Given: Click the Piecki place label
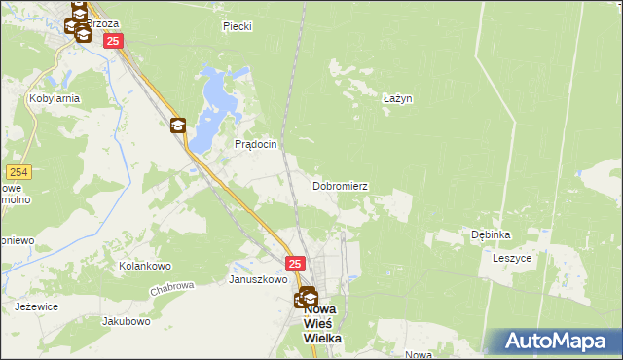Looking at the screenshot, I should pyautogui.click(x=237, y=26).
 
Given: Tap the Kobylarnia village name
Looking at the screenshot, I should pyautogui.click(x=55, y=98).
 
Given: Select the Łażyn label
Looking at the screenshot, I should pyautogui.click(x=397, y=98).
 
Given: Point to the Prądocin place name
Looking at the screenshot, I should pyautogui.click(x=257, y=144).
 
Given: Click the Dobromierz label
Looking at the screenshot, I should pyautogui.click(x=340, y=185).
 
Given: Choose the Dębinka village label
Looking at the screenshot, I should pyautogui.click(x=491, y=234).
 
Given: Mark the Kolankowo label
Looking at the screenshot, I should pyautogui.click(x=145, y=266).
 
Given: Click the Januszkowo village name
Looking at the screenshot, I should pyautogui.click(x=258, y=279).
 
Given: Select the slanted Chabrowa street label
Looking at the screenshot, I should pyautogui.click(x=173, y=289).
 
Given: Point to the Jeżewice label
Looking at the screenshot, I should pyautogui.click(x=37, y=306).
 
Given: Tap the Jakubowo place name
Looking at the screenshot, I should pyautogui.click(x=126, y=320).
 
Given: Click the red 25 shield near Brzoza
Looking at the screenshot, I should pyautogui.click(x=113, y=41).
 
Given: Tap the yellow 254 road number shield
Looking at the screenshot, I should pyautogui.click(x=19, y=172).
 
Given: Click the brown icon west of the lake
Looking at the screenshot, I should pyautogui.click(x=178, y=126).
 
